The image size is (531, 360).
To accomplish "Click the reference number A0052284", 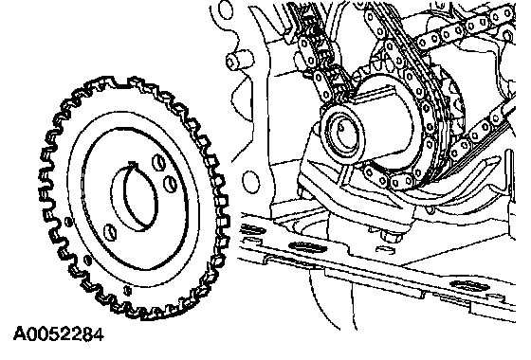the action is coord(58,335).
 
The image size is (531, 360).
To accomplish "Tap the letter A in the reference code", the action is coord(19,335).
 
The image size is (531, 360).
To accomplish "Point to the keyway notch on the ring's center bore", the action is coord(134,165).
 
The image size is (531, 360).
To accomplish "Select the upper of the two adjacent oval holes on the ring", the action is coord(158,162).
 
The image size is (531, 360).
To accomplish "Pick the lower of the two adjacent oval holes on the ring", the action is coord(170,184).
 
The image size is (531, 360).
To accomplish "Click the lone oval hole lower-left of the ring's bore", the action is coord(109,232).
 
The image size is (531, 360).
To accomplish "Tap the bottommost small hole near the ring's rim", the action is coord(127,290).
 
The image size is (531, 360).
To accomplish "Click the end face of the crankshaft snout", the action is coord(341,132).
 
